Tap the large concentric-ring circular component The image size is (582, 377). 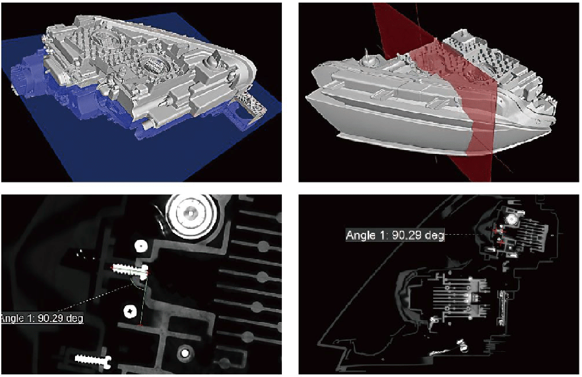(x=191, y=213)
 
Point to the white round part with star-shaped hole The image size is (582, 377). (x=130, y=311)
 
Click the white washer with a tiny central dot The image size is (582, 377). (x=141, y=245)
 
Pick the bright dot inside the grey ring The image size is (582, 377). (x=184, y=353)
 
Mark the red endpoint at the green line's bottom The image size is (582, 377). (x=140, y=325)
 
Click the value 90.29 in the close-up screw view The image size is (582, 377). (x=49, y=318)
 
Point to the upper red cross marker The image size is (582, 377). (x=496, y=230)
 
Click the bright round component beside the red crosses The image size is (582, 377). (x=513, y=220)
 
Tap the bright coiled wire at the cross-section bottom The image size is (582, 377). (x=462, y=345)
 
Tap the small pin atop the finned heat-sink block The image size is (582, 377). (x=461, y=35)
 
